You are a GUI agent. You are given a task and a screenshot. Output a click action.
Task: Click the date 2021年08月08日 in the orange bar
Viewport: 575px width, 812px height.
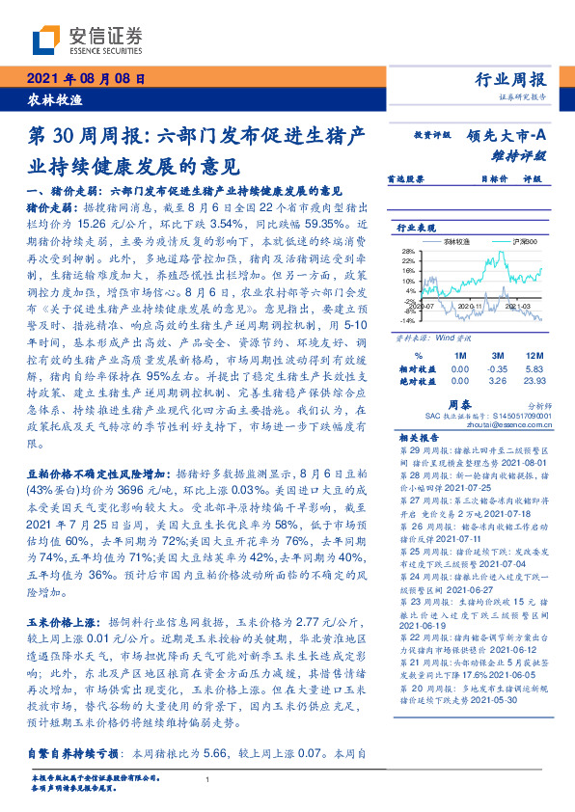[85, 79]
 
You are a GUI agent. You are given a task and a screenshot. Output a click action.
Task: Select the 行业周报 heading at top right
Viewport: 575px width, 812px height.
[510, 80]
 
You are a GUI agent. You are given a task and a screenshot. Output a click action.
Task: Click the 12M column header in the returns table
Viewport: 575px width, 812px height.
[534, 354]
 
